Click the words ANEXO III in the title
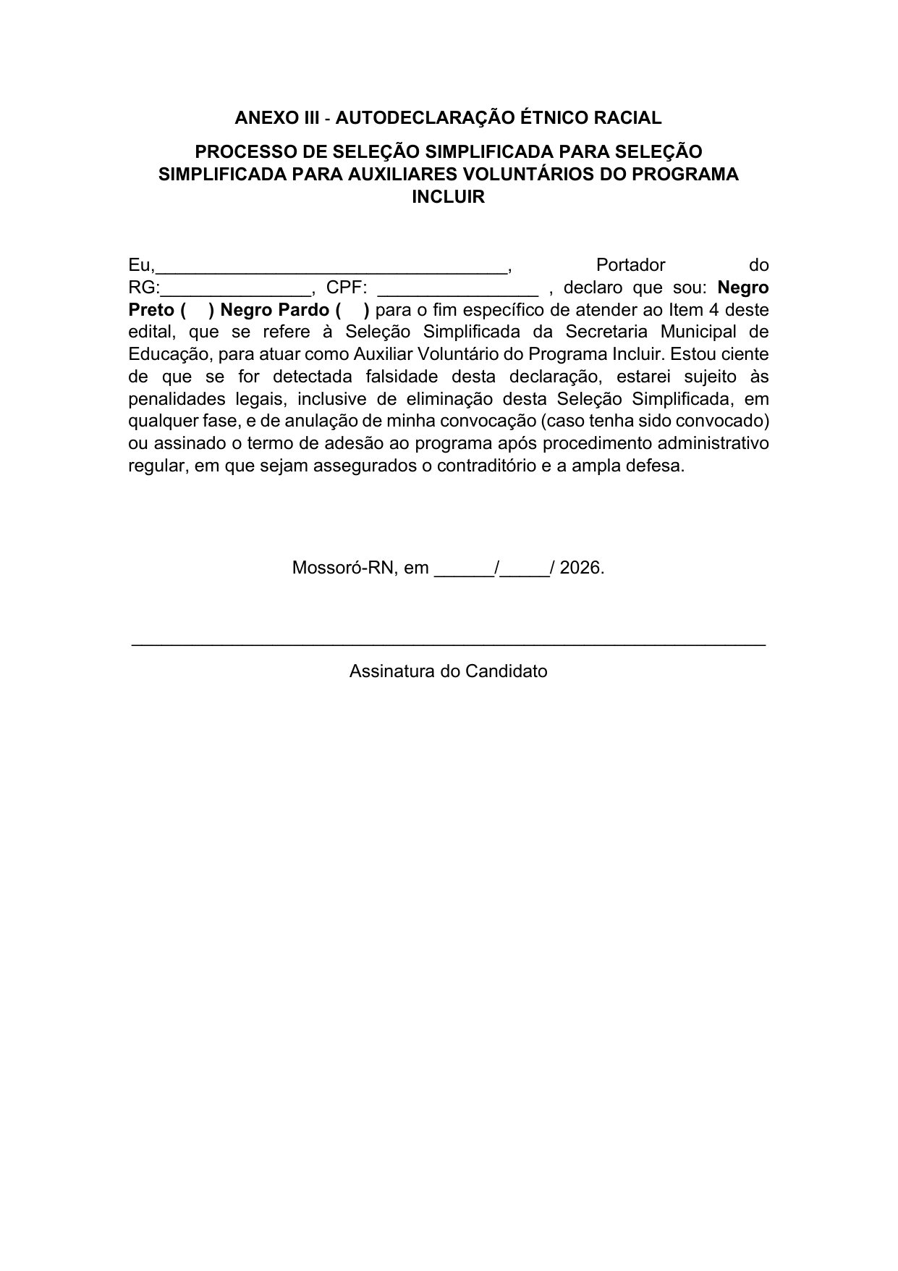(276, 117)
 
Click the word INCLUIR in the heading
(448, 197)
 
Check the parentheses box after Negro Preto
(195, 310)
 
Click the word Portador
(630, 265)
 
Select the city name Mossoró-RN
(344, 568)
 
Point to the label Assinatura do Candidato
(448, 671)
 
